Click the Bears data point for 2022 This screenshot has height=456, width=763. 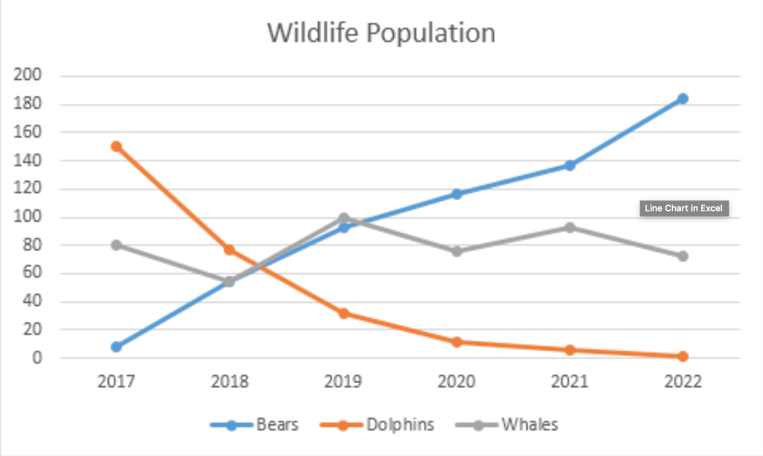point(682,98)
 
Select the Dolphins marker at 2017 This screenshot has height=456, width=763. point(116,146)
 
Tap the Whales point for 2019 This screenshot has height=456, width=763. point(344,218)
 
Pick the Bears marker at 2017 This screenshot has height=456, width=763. point(116,347)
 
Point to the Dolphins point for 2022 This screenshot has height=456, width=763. point(682,356)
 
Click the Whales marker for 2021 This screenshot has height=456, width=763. point(570,228)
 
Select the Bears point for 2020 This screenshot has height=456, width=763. point(457,194)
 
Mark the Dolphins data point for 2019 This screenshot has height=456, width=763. point(344,313)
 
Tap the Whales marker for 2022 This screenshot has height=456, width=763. point(682,256)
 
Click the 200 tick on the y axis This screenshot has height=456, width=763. point(27,75)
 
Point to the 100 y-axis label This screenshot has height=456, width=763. point(27,216)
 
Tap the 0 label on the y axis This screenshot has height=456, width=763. point(37,358)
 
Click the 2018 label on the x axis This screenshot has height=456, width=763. point(230,381)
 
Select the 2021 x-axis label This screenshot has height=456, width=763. point(570,381)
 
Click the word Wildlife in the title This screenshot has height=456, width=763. point(313,33)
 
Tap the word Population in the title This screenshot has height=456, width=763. point(431,33)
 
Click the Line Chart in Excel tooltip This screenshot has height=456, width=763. point(684,208)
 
